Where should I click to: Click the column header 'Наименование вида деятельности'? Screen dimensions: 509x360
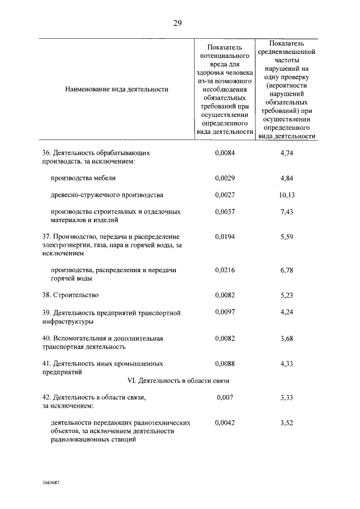(116, 89)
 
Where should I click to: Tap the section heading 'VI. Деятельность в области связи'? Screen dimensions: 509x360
(178, 380)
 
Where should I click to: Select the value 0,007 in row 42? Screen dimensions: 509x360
(224, 398)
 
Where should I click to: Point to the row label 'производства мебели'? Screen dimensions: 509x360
(83, 178)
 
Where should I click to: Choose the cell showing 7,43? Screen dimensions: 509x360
(287, 211)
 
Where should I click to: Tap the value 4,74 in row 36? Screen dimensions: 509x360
(287, 152)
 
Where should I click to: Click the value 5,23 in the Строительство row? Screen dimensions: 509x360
(287, 295)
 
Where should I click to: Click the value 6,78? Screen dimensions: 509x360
(287, 270)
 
